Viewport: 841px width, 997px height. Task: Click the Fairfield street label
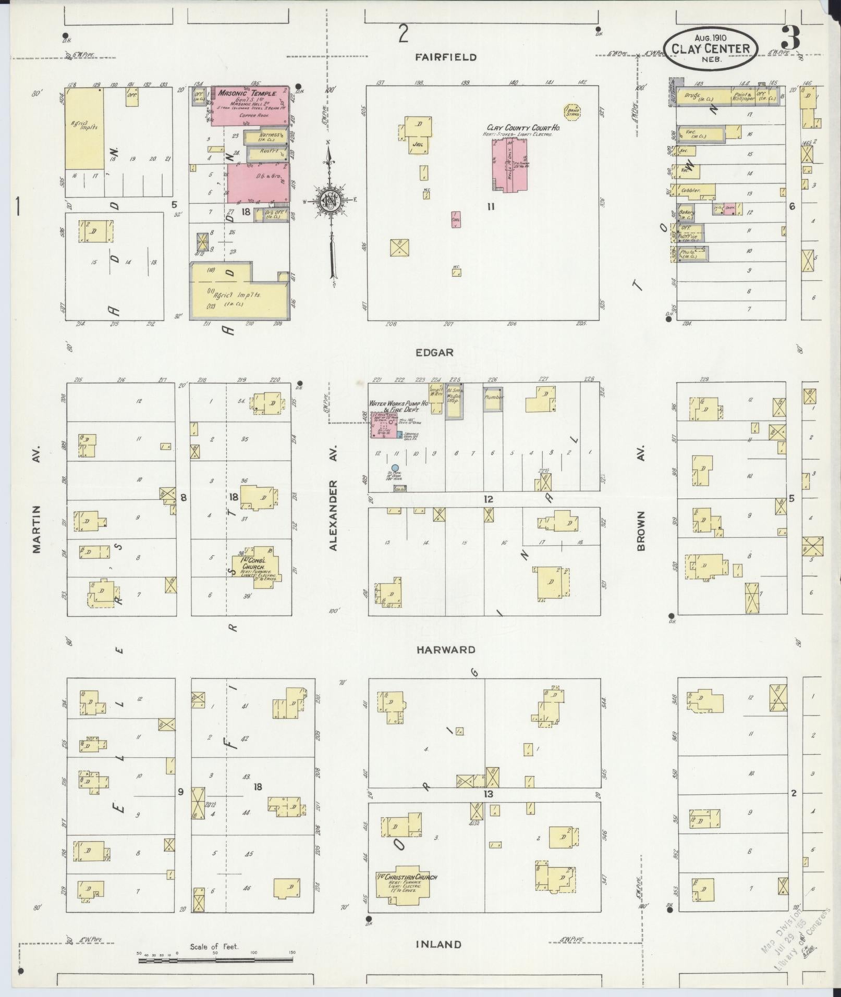(445, 57)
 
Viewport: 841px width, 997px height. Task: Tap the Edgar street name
(434, 352)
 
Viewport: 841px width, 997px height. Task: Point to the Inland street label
(438, 944)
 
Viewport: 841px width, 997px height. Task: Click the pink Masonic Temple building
(250, 106)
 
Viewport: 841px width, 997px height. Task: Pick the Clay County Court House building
(508, 165)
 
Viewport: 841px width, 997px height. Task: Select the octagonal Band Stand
(572, 111)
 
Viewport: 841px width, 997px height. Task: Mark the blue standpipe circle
(395, 467)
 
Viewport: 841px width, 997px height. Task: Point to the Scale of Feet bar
(216, 960)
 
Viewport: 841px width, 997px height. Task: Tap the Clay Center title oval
(710, 49)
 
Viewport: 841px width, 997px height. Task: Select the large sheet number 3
(790, 38)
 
